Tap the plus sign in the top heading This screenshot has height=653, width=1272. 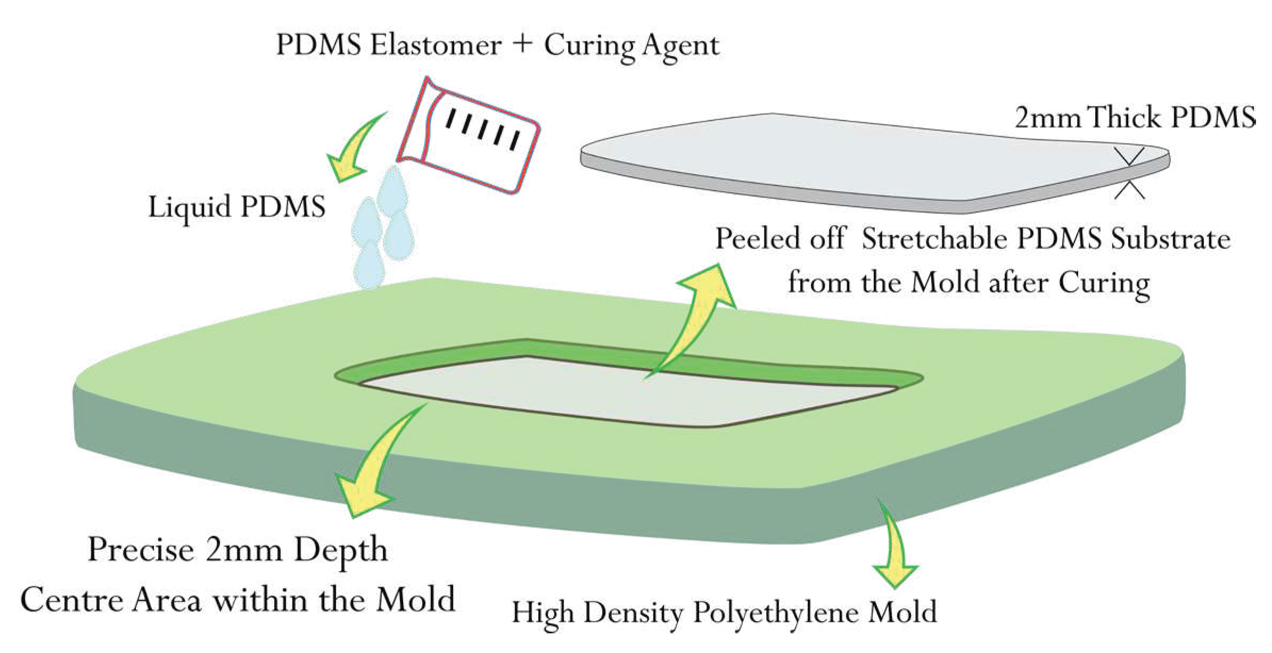(523, 44)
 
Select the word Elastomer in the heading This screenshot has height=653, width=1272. (436, 45)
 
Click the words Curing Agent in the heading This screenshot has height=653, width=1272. (631, 46)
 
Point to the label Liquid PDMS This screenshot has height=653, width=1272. (236, 207)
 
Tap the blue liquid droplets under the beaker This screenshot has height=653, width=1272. (382, 229)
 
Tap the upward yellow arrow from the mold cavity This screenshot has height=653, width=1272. (697, 314)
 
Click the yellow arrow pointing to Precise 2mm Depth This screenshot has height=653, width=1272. (373, 468)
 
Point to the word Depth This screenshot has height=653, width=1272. (341, 550)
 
